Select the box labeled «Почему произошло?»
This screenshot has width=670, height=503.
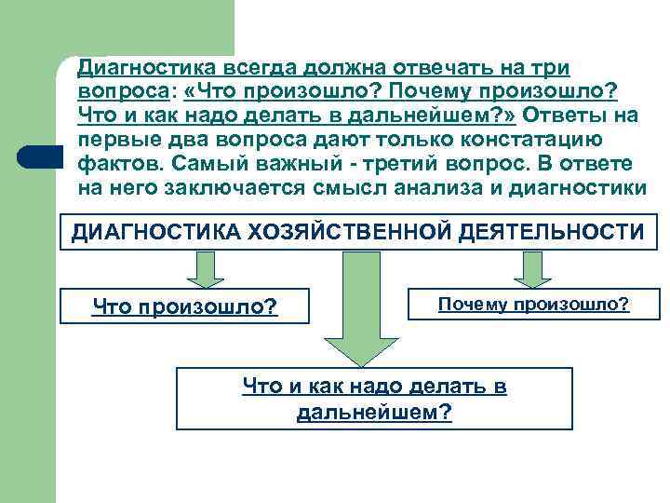point(533,305)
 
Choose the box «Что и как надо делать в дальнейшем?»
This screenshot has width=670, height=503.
point(374,398)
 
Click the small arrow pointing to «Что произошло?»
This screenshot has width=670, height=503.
point(205,269)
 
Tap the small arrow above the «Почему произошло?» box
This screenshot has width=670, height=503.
point(533,269)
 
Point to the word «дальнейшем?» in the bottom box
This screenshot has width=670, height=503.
point(374,412)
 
